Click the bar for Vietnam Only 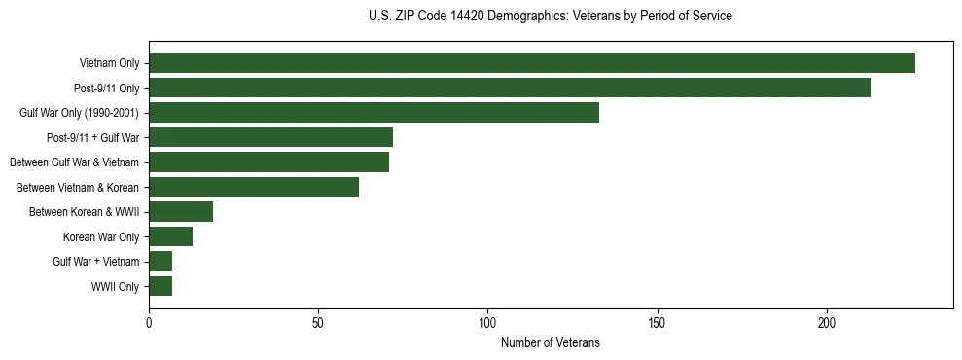(x=532, y=63)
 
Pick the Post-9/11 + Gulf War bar (x=270, y=137)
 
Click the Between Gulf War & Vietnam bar (x=268, y=162)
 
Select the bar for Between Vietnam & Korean (x=254, y=187)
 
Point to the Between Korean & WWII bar (x=181, y=211)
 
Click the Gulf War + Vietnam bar (x=160, y=261)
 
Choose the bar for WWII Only (x=160, y=286)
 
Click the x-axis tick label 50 (x=318, y=321)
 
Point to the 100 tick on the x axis (x=487, y=321)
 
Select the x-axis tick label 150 (x=657, y=321)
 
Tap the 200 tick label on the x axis (x=827, y=321)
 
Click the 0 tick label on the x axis (x=149, y=321)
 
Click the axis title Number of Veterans (x=550, y=342)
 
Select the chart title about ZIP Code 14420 (x=550, y=17)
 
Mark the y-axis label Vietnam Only (x=109, y=63)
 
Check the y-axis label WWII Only (x=115, y=286)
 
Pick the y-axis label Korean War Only (x=101, y=236)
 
